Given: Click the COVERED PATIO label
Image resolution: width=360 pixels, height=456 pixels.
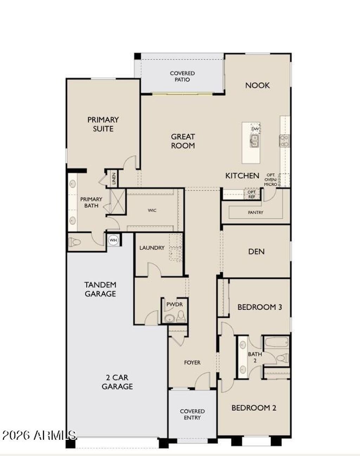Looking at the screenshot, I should pyautogui.click(x=182, y=76).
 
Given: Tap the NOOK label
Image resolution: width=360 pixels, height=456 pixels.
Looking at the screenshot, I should pyautogui.click(x=257, y=85).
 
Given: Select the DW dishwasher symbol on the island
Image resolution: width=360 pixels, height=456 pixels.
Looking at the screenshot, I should pyautogui.click(x=255, y=129).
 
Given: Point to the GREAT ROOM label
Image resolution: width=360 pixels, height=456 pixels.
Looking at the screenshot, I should pyautogui.click(x=183, y=141).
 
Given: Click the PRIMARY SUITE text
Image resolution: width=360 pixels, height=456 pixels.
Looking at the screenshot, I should pyautogui.click(x=103, y=124).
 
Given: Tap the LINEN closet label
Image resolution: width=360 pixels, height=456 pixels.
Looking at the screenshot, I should pyautogui.click(x=114, y=179).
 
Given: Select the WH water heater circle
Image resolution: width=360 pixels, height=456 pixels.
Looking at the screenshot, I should pyautogui.click(x=113, y=240).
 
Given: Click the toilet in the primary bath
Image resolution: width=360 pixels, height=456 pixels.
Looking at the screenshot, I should pyautogui.click(x=75, y=242).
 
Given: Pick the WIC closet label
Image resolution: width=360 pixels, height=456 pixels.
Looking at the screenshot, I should pyautogui.click(x=152, y=210).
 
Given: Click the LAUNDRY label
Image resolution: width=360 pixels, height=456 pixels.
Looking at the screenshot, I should pyautogui.click(x=152, y=248).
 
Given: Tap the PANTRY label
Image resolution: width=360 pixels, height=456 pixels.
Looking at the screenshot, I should pyautogui.click(x=255, y=212).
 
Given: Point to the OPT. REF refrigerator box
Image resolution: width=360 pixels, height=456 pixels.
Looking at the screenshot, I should pyautogui.click(x=252, y=194).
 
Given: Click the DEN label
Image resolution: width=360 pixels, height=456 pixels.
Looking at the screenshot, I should pyautogui.click(x=256, y=251).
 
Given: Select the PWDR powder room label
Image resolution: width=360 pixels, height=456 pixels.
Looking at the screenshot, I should pyautogui.click(x=175, y=304).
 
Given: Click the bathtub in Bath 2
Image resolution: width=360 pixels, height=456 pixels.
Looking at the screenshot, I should pyautogui.click(x=276, y=342).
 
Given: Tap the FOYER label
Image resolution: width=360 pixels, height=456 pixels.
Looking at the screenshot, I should pyautogui.click(x=192, y=362).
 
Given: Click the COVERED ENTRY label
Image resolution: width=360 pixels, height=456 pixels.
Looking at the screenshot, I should pyautogui.click(x=192, y=414).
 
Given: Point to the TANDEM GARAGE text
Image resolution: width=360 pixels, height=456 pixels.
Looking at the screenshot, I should pyautogui.click(x=100, y=289).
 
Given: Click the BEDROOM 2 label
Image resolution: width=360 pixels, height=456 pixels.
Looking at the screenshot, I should pyautogui.click(x=253, y=408).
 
